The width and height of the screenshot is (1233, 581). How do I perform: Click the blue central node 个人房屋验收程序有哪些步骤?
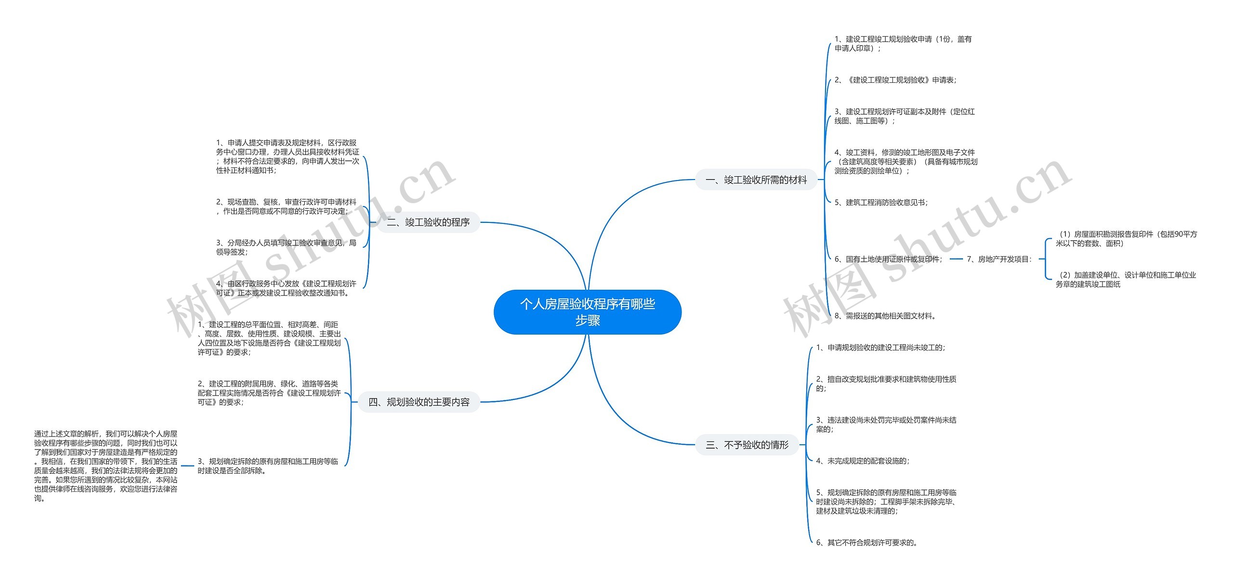(588, 312)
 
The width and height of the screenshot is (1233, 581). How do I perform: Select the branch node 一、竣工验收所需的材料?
(756, 180)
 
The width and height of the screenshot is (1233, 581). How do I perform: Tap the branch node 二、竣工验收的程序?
(428, 222)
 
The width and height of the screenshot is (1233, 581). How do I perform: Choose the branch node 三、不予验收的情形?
(747, 445)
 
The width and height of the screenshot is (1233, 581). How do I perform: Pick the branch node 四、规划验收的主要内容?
(419, 402)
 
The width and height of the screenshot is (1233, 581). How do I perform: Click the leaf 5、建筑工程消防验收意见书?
(881, 203)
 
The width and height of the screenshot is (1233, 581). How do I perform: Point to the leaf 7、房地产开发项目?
(999, 259)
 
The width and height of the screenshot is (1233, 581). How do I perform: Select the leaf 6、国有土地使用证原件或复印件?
(888, 259)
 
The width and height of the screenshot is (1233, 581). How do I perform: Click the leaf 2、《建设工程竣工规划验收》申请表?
(895, 80)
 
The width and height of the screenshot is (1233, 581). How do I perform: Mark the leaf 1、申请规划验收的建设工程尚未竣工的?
(880, 348)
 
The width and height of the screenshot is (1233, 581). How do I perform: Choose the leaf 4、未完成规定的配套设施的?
(863, 461)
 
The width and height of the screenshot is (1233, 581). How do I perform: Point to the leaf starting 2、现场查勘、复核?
(287, 207)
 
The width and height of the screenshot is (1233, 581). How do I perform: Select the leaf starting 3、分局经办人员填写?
(287, 247)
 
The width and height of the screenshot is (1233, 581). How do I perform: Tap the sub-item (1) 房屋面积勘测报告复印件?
(1126, 239)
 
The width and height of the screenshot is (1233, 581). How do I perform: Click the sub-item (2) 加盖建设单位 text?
(1126, 280)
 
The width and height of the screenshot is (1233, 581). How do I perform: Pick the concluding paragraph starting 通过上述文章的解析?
(106, 466)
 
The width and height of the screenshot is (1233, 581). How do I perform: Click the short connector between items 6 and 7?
(956, 259)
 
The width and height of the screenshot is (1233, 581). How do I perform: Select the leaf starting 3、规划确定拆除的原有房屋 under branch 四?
(268, 466)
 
